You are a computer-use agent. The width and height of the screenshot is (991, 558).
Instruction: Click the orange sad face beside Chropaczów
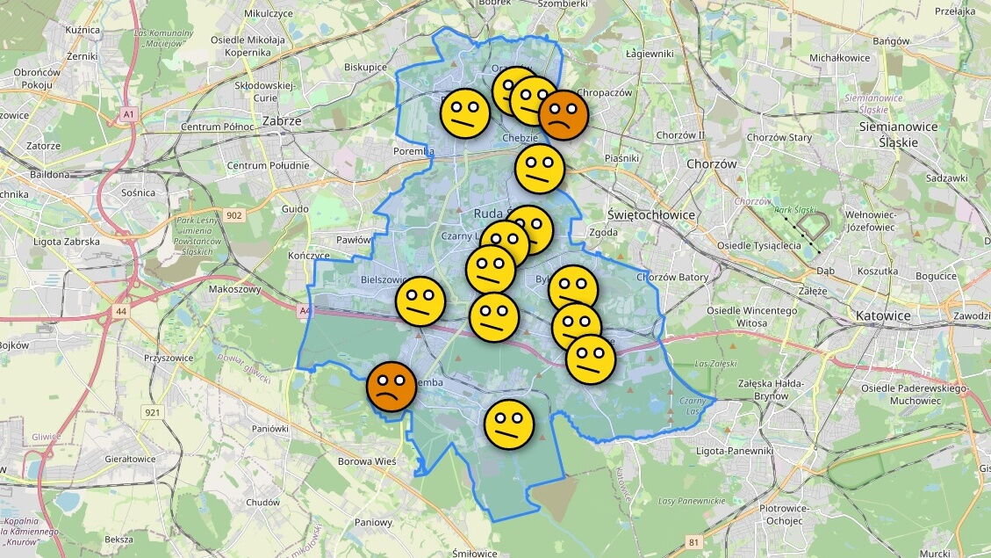coord(563,115)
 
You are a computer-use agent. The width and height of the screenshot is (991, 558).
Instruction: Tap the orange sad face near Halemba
coord(391,387)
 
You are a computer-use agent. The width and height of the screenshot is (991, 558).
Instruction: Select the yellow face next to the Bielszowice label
coord(420,301)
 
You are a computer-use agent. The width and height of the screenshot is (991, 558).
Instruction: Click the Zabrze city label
coord(282,121)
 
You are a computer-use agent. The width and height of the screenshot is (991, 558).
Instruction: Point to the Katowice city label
coord(884,315)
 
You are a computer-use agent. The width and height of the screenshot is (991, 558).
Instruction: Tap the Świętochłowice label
coord(651,214)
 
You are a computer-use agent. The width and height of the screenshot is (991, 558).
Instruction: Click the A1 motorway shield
coord(129,114)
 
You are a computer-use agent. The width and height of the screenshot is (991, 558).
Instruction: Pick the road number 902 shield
coord(233,215)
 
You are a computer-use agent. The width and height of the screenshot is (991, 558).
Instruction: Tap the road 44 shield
coord(119,310)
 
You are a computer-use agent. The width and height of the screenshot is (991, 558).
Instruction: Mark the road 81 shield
coord(693,542)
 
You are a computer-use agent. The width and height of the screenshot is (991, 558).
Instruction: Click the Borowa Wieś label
coord(367,460)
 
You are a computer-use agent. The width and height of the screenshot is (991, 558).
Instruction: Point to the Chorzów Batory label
coord(672,278)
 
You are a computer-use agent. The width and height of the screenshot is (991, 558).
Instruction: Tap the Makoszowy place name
coord(235,289)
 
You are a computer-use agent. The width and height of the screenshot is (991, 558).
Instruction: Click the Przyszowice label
coord(169,358)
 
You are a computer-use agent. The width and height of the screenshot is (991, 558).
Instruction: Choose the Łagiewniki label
coord(650,54)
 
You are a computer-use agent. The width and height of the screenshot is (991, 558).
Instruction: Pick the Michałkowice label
coord(839,58)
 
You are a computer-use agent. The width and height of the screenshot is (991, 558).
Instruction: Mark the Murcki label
coord(936,554)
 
